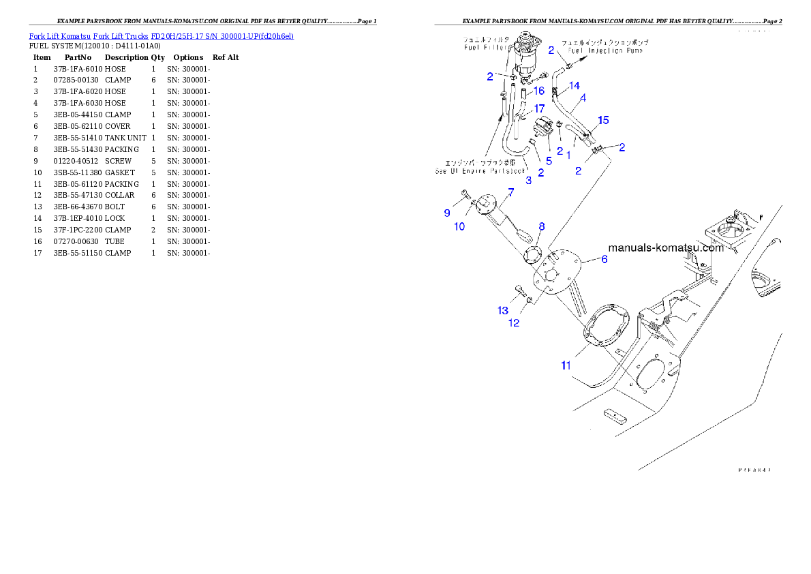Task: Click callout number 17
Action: [x=539, y=108]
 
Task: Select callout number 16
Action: [x=538, y=91]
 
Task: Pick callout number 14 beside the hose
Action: [x=575, y=86]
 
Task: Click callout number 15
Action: [x=602, y=120]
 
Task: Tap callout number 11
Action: [x=566, y=365]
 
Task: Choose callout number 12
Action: [x=515, y=322]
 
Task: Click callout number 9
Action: [x=447, y=213]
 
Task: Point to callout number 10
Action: [x=460, y=226]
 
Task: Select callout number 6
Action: [x=603, y=259]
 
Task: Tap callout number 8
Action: [x=542, y=226]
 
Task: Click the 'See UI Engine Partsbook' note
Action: [x=480, y=170]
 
